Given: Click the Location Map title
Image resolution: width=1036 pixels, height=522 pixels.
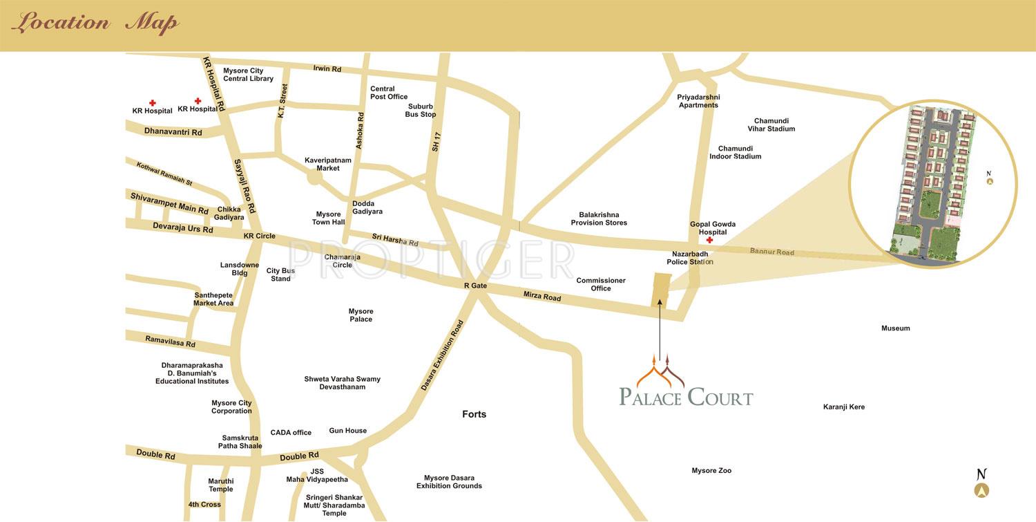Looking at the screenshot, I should [95, 23].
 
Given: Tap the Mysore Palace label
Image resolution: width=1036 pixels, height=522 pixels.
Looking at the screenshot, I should [361, 315].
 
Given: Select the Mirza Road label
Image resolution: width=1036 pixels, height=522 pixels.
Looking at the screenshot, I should [542, 297].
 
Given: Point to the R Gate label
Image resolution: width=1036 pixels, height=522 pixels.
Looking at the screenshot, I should [475, 286].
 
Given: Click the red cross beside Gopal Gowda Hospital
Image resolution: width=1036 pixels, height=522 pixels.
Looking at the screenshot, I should [709, 241].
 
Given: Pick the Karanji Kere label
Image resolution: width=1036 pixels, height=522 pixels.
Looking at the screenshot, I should [843, 407].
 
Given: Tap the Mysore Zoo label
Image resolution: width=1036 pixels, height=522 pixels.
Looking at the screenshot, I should [711, 471].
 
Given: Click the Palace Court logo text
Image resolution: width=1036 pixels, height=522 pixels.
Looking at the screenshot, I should [686, 398].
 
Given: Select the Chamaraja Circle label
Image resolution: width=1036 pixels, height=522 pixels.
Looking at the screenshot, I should [343, 261].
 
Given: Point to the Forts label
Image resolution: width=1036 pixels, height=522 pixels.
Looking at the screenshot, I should [474, 414].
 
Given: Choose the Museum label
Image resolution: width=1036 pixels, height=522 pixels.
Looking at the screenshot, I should [895, 328].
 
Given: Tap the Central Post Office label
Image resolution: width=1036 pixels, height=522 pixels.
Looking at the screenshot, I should [389, 93].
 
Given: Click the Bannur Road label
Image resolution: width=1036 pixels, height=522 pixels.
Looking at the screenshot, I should [771, 252].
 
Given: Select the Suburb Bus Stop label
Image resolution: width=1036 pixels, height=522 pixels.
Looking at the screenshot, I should [420, 111].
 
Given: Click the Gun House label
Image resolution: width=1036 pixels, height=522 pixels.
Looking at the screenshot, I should [347, 431].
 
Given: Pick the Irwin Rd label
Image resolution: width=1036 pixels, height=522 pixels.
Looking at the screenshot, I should [327, 69].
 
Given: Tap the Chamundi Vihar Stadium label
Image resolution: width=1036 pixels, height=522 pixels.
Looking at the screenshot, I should [771, 124].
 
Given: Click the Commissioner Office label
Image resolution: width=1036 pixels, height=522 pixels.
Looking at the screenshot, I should [601, 284].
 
